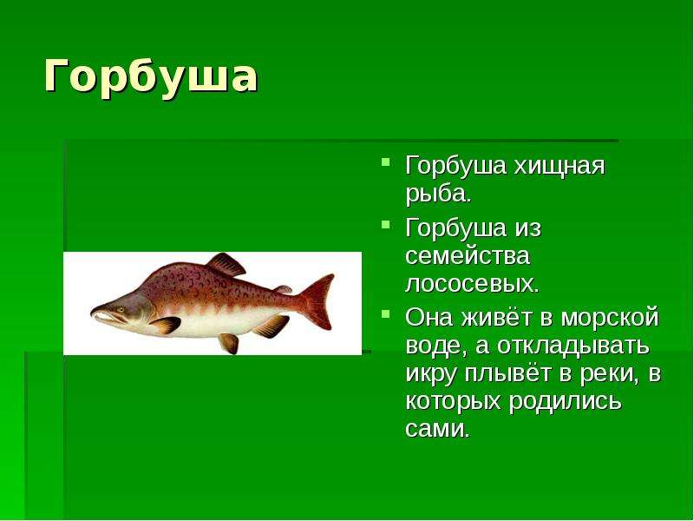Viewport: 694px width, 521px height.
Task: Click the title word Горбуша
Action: [150, 77]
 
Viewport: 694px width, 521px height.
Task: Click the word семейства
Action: [468, 256]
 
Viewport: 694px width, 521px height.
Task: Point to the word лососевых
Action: [470, 284]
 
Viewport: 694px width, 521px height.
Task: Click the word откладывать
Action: [573, 346]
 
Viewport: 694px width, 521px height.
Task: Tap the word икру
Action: [430, 374]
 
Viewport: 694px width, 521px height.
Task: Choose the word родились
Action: [565, 402]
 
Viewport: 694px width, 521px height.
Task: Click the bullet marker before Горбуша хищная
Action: [386, 162]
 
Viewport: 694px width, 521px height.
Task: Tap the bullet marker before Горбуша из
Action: [386, 224]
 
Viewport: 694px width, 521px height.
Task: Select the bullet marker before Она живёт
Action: [386, 314]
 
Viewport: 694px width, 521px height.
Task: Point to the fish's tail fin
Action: [317, 301]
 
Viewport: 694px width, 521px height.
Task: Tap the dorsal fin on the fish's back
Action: [226, 264]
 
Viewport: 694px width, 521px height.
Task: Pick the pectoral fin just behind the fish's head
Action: [166, 325]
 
